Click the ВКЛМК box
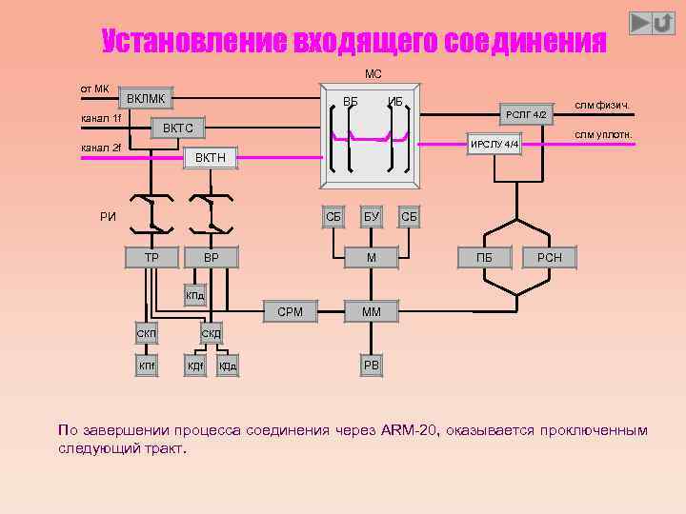[146, 98]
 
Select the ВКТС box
[177, 128]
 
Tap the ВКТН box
[210, 157]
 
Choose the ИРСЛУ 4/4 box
[494, 145]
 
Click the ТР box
[151, 257]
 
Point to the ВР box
[212, 257]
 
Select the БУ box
[371, 217]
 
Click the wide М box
[372, 257]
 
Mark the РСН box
[550, 257]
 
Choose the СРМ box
[290, 311]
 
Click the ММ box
[372, 311]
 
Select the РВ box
[372, 366]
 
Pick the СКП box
[146, 333]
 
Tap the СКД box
[211, 333]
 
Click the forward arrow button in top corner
[641, 22]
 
